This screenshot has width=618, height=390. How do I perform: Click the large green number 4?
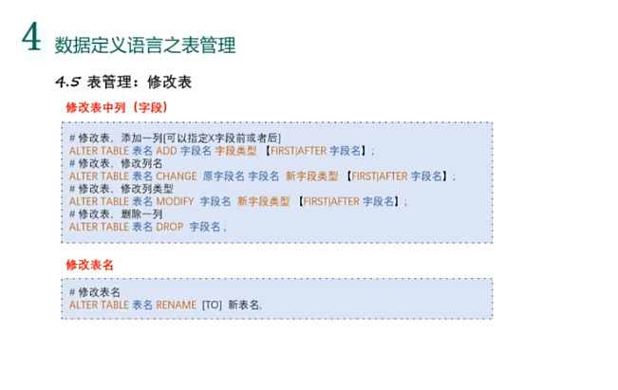32,39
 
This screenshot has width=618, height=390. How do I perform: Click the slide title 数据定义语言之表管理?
145,44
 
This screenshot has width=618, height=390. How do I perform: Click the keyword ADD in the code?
166,151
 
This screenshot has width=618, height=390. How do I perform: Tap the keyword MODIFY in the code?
175,201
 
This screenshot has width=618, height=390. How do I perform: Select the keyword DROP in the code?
169,227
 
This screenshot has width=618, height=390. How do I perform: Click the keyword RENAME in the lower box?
176,305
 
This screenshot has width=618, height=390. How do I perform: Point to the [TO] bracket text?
212,305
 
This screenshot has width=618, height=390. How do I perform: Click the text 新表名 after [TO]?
243,305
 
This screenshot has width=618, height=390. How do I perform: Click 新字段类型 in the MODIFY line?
264,201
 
